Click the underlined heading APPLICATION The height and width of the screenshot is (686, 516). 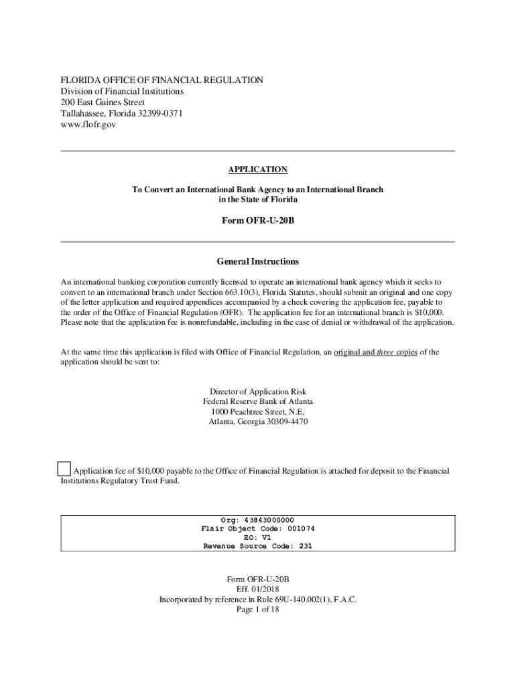coord(258,170)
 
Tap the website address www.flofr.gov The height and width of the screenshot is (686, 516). coord(88,125)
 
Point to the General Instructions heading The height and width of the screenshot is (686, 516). coord(258,261)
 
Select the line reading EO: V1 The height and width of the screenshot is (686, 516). coord(258,537)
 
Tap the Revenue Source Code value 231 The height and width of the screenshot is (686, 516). coord(305,546)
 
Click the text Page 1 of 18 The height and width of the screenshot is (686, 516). coord(258,610)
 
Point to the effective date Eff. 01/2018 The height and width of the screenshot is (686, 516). coord(258,590)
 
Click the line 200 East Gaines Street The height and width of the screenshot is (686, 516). coord(103,102)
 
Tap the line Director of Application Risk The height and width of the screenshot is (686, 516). coord(258,391)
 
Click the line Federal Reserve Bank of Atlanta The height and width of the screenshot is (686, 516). coord(258,401)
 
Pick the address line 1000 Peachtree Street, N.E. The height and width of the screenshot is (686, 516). coord(258,411)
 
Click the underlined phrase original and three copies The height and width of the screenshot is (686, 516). coord(375,352)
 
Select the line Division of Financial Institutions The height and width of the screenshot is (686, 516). coord(122,91)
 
